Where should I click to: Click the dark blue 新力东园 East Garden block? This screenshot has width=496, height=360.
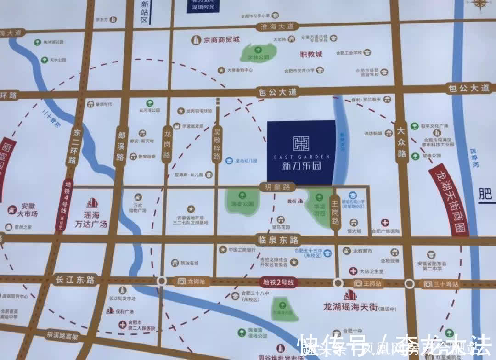click(301, 151)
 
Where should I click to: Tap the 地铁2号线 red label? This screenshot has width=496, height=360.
click(278, 282)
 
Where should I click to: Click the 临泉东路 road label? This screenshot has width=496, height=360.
click(278, 240)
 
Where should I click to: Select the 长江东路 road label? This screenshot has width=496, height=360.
click(75, 279)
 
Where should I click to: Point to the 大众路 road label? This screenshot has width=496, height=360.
click(402, 142)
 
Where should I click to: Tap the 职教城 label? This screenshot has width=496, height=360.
click(311, 54)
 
